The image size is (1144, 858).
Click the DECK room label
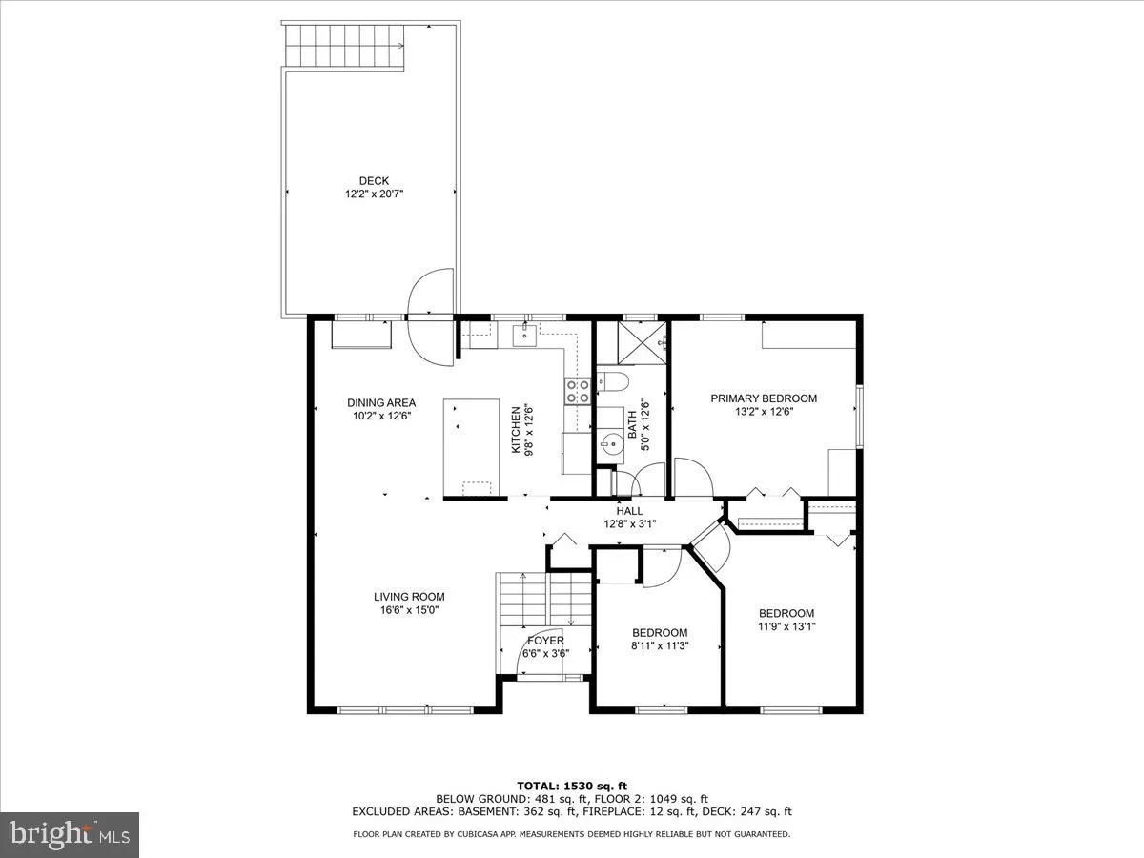click(x=374, y=181)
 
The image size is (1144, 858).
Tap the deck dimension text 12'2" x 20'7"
click(x=374, y=194)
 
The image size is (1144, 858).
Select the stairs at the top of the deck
click(x=345, y=43)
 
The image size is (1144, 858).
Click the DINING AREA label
click(x=381, y=402)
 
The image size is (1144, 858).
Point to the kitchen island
click(x=471, y=447)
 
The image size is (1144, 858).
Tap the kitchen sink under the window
click(x=525, y=334)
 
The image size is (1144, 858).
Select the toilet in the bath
click(x=611, y=383)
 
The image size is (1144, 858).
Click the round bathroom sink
click(x=611, y=442)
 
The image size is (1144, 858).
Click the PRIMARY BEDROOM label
click(x=764, y=398)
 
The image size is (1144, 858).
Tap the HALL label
click(x=629, y=511)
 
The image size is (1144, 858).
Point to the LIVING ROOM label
click(x=409, y=597)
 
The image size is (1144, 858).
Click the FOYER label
click(x=545, y=641)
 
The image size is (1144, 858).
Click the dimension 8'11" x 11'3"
click(x=660, y=645)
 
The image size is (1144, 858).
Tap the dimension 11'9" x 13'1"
click(x=786, y=626)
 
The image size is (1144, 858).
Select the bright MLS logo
click(x=70, y=835)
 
